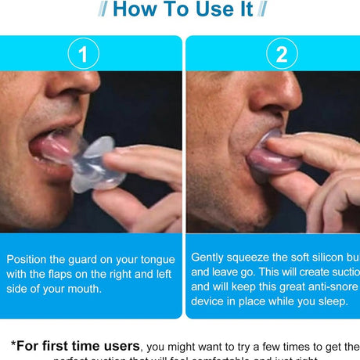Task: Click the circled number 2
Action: point(281,55)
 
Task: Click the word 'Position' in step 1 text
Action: point(28,258)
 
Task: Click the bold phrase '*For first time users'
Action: point(75,345)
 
